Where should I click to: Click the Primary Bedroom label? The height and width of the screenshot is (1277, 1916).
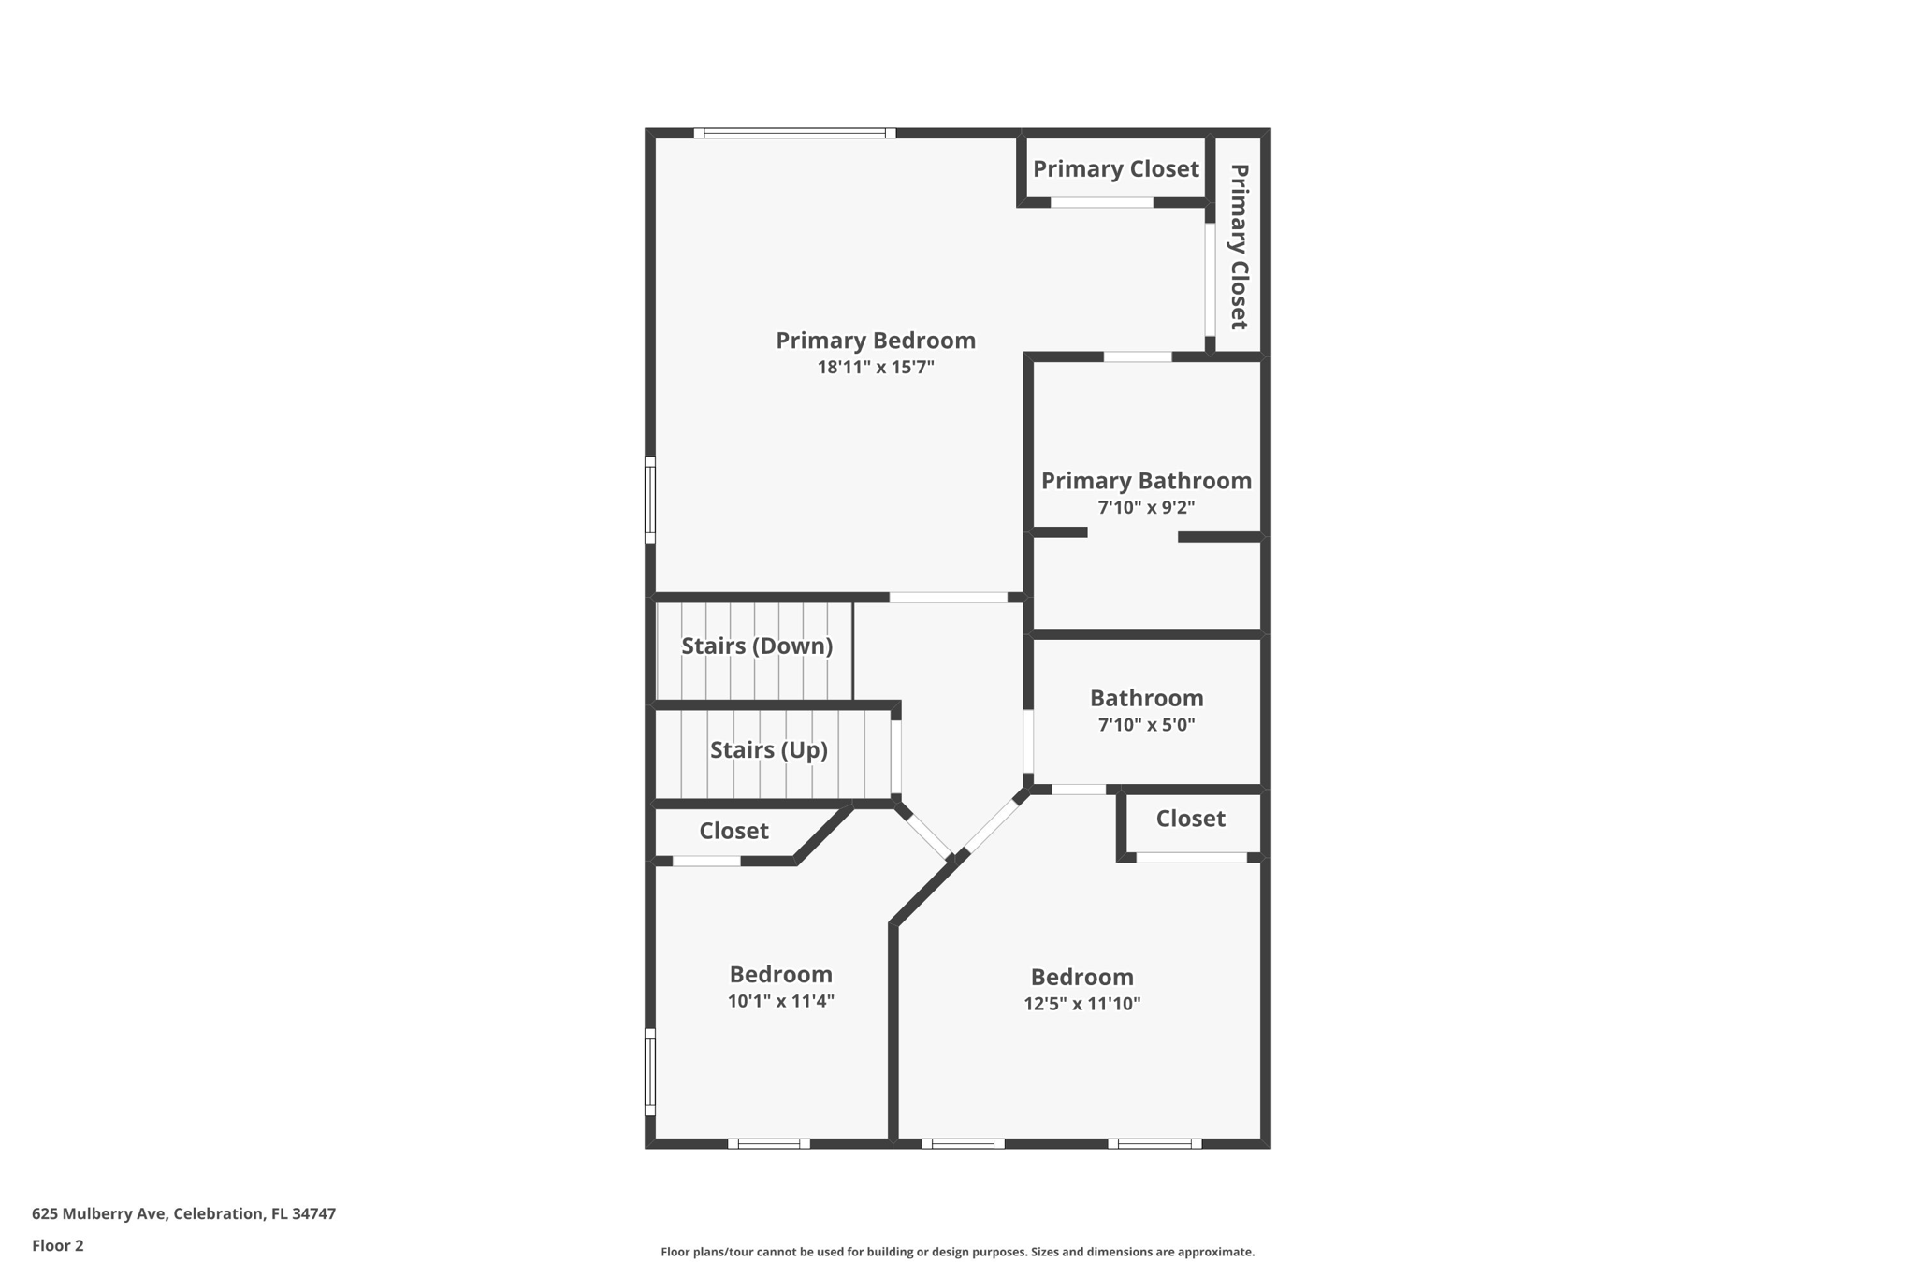point(875,341)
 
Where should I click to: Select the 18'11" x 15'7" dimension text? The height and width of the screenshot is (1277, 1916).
point(875,368)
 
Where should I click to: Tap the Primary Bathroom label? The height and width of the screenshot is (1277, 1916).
point(1146,481)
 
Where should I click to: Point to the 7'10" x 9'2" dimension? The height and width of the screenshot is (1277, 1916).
point(1146,508)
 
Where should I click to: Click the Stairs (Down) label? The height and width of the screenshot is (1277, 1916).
point(756,646)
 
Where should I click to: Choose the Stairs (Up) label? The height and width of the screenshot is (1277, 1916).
point(768,749)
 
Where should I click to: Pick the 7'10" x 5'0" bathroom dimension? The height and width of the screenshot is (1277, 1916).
point(1146,725)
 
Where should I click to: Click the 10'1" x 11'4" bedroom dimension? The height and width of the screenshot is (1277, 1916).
point(780,1001)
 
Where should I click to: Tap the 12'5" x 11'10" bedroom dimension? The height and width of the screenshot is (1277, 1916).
point(1081,1004)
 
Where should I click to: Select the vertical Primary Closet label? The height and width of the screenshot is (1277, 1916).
point(1239,247)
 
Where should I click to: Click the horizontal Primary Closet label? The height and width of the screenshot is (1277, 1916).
point(1115,169)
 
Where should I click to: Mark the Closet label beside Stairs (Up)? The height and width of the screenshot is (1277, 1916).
point(733,831)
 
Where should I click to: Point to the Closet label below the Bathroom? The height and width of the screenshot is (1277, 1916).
point(1190,819)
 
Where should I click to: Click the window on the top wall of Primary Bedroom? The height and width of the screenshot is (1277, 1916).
point(794,133)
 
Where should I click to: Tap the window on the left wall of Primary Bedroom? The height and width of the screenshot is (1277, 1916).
point(650,500)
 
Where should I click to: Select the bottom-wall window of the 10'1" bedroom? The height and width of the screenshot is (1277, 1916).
point(769,1143)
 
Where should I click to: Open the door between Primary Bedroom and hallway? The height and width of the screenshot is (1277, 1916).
point(948,597)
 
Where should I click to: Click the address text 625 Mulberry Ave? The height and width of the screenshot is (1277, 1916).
point(183,1213)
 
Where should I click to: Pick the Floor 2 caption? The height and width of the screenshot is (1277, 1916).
point(58,1245)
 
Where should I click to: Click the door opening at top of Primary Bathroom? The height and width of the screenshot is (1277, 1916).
point(1138,356)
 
